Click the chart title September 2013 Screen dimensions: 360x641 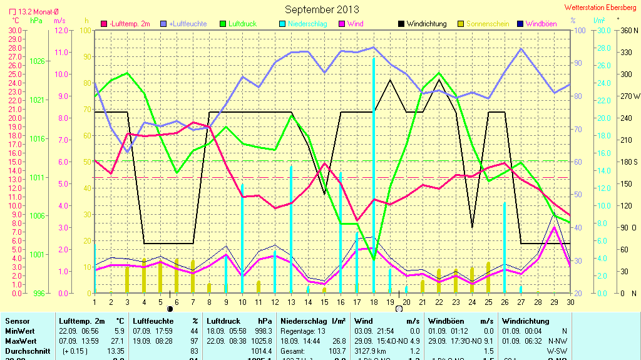coord(322,9)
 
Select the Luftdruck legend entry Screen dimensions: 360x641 coord(242,24)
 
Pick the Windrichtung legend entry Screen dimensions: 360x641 coord(426,24)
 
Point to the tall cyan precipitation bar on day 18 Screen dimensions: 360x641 coord(374,175)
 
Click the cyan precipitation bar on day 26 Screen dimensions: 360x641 coord(505,247)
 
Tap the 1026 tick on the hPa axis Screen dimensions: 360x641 coord(37,61)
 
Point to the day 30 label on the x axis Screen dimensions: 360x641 coord(570,302)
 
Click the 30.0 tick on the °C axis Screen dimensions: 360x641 coord(15,30)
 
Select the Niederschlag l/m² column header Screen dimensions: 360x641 coord(313,321)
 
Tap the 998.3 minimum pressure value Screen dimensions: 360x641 coord(263,331)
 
